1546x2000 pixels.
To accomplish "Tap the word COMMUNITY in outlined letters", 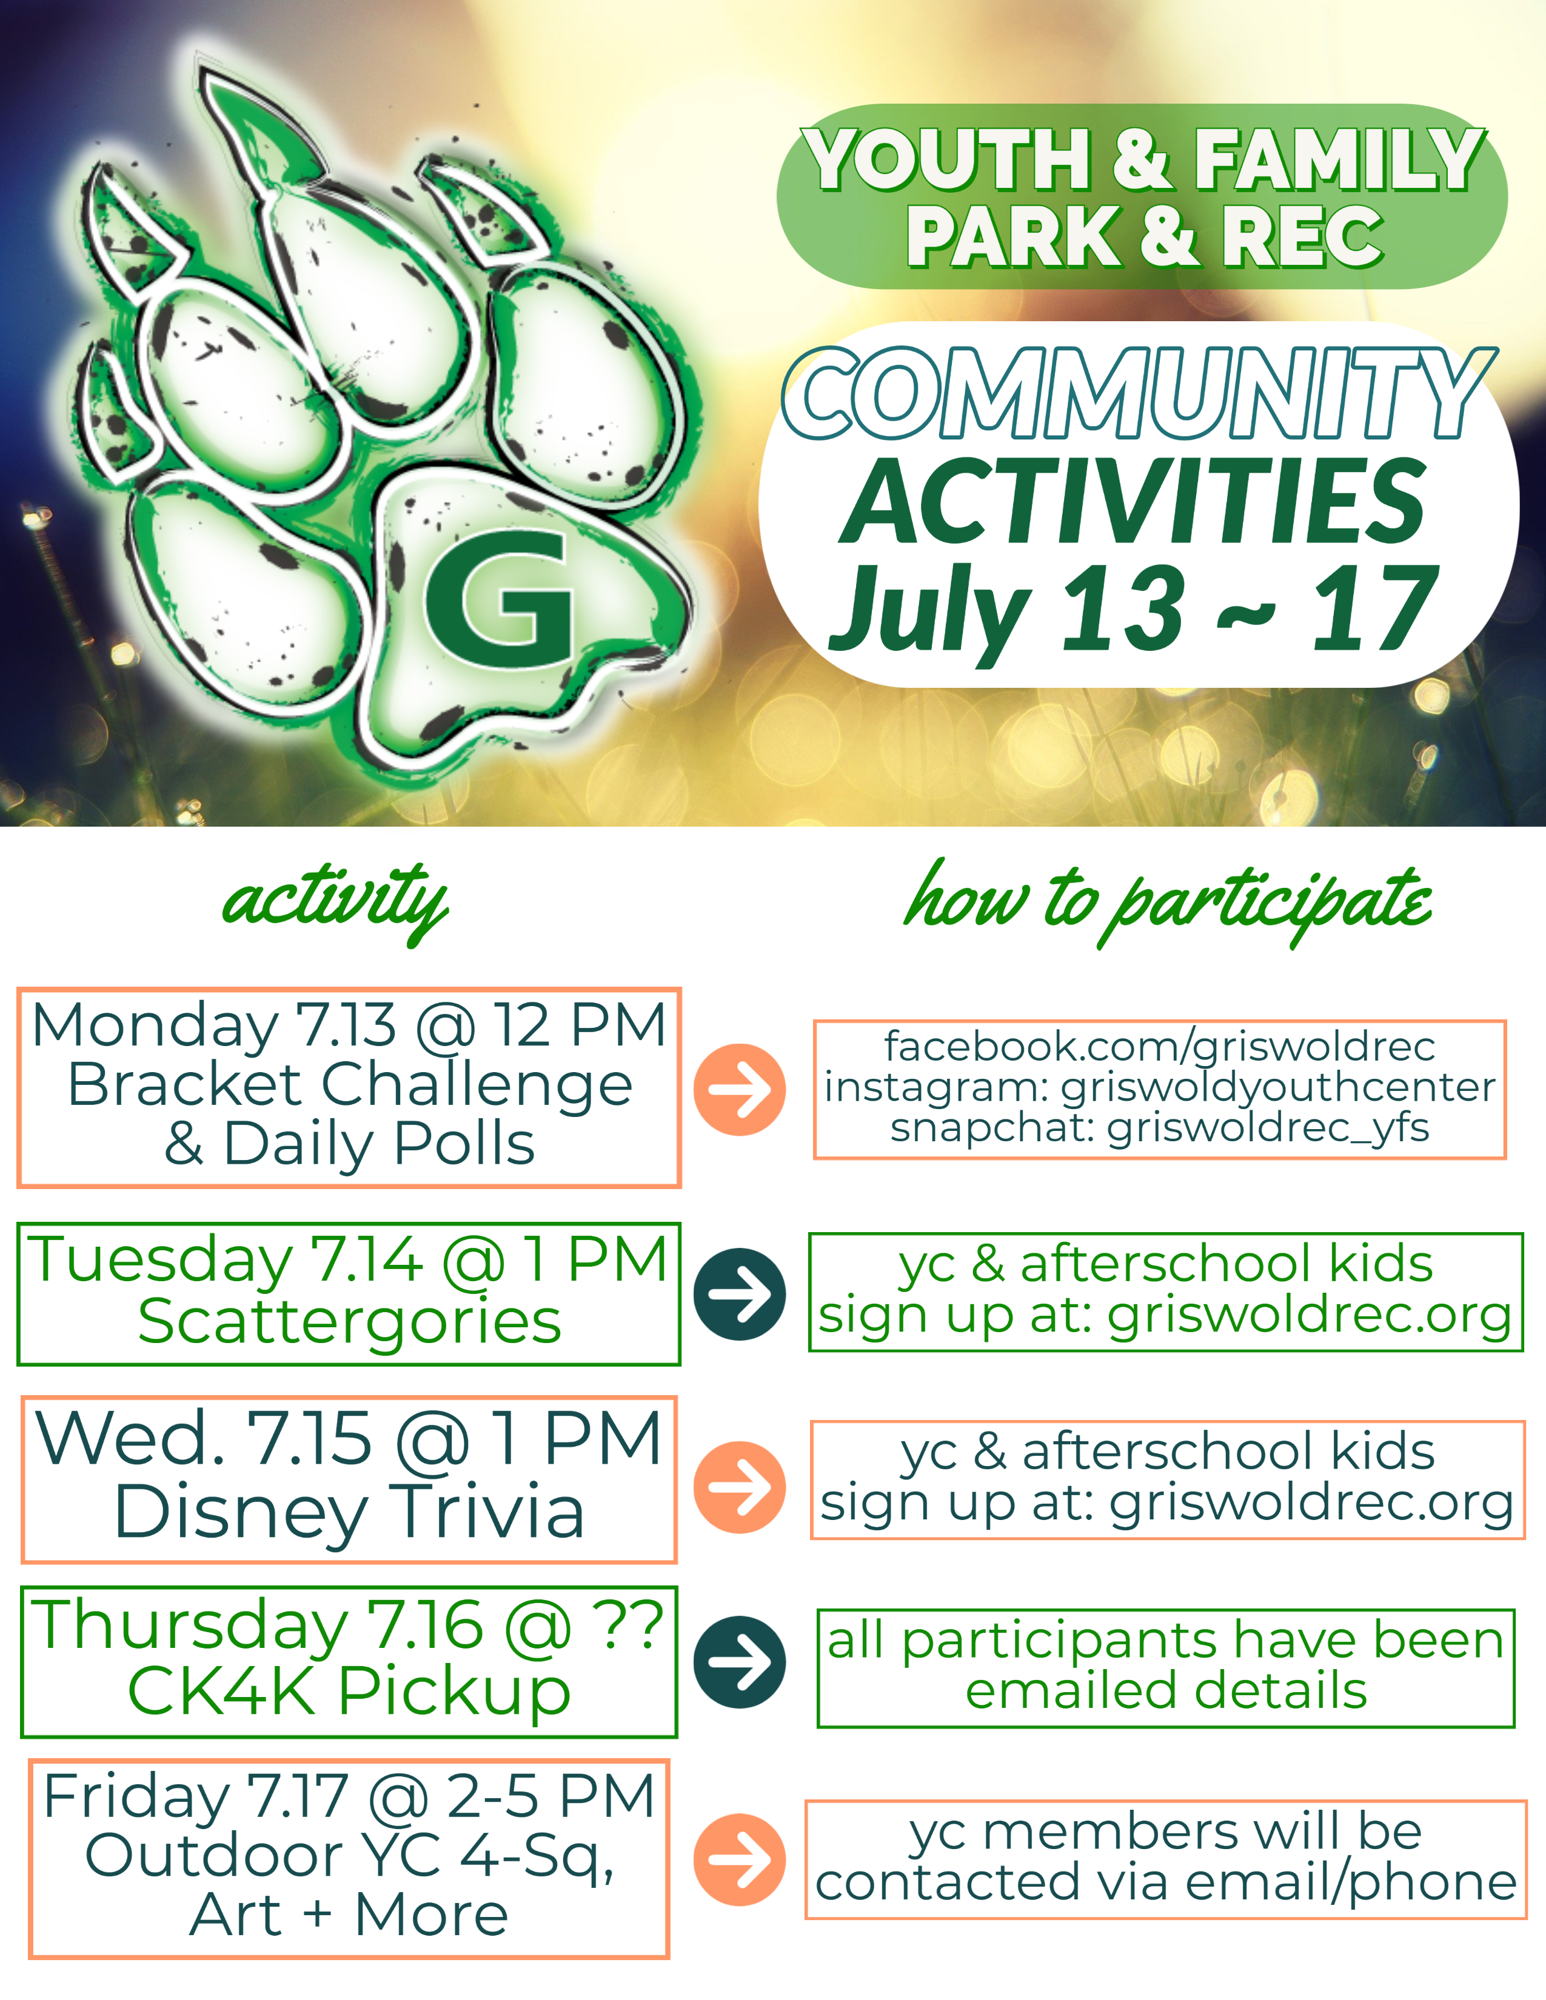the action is click(1139, 394).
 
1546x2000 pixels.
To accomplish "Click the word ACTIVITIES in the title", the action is click(1134, 501).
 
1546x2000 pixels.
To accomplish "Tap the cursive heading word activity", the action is click(335, 902).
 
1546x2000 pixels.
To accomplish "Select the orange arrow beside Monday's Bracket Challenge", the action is click(739, 1090).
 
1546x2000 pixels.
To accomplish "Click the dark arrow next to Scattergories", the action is click(739, 1294).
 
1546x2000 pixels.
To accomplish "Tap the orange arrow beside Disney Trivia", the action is click(739, 1487).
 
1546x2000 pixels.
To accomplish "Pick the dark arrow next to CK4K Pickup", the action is click(739, 1662).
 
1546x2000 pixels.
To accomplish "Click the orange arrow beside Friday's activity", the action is click(739, 1860).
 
